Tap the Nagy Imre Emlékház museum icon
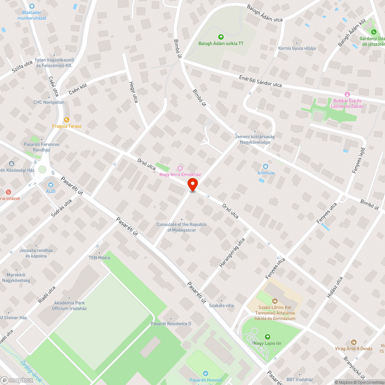click(x=180, y=168)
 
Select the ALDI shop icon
click(x=50, y=185)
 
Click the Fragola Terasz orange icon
click(x=67, y=120)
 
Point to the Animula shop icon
click(x=266, y=166)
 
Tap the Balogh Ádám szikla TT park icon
click(x=221, y=37)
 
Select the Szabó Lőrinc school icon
click(x=275, y=301)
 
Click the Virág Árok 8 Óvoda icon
click(x=353, y=342)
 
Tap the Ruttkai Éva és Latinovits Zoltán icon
click(x=347, y=94)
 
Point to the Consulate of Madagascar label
click(x=182, y=227)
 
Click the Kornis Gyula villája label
click(x=297, y=48)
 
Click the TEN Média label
click(x=99, y=258)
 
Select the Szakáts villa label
click(x=221, y=305)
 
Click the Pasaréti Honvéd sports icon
click(x=205, y=373)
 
